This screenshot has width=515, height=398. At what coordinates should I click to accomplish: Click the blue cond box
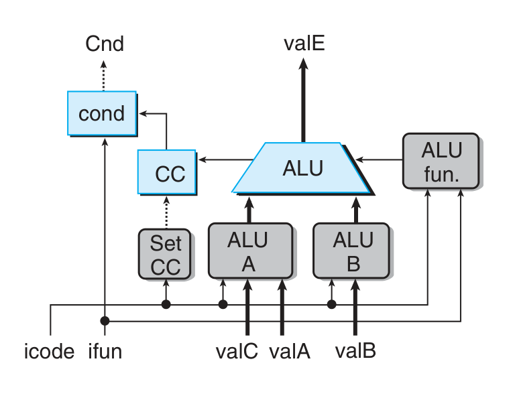[102, 113]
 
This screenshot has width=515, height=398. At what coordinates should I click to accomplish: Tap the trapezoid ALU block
[302, 168]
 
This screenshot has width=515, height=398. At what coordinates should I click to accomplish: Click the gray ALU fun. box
[441, 161]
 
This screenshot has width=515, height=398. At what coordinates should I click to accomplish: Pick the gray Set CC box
[165, 254]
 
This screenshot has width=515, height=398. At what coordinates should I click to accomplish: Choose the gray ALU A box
[249, 251]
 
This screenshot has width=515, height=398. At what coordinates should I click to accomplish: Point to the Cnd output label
[105, 45]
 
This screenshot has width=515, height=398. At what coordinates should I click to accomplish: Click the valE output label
[304, 45]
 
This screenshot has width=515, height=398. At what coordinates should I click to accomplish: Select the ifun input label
[105, 350]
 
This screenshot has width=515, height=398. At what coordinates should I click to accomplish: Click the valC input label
[237, 350]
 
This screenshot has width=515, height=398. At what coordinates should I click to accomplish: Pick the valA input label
[290, 350]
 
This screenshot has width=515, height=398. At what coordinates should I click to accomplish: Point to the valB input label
[355, 350]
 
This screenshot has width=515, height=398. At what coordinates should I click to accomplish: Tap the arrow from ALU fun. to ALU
[380, 159]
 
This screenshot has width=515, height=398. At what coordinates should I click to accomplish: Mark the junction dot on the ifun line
[105, 320]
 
